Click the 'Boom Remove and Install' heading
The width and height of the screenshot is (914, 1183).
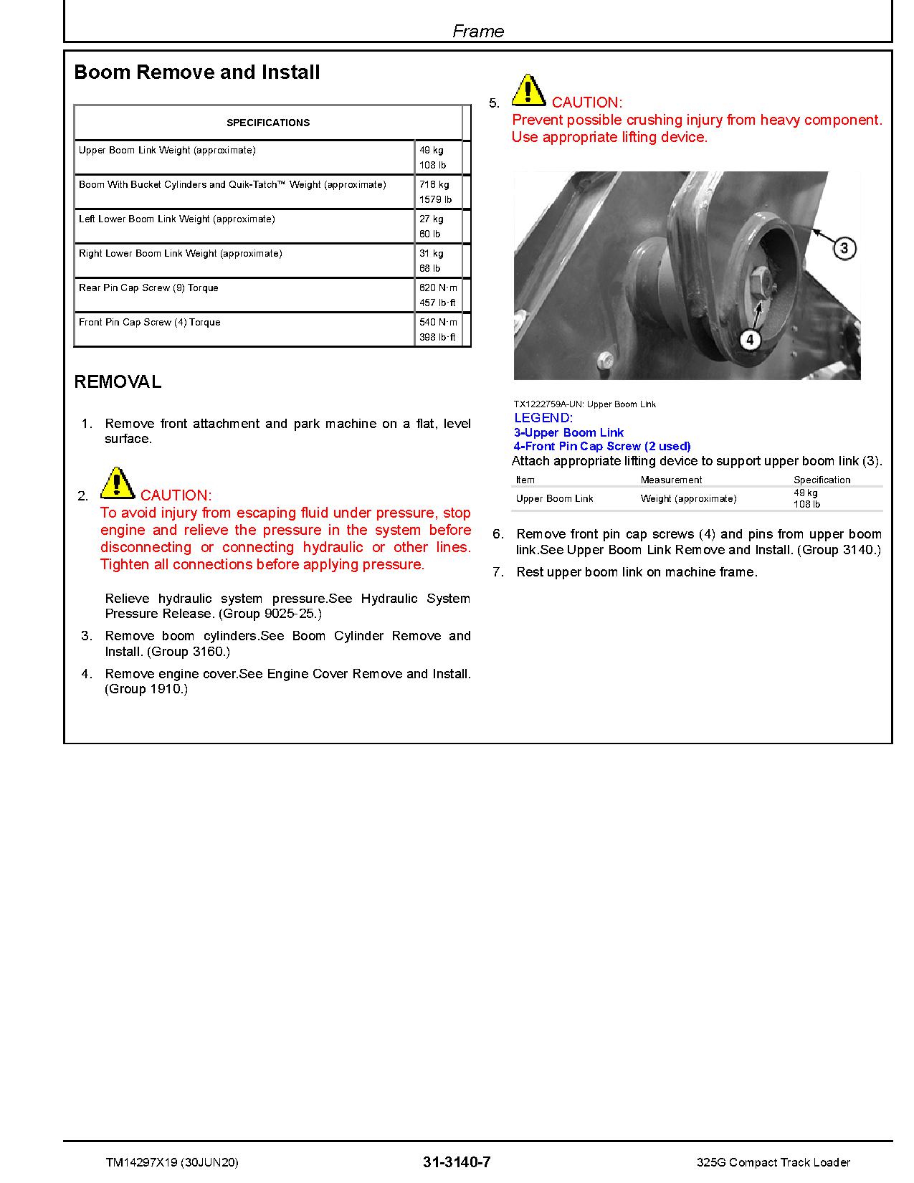(197, 72)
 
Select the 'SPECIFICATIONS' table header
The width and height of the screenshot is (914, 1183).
(268, 123)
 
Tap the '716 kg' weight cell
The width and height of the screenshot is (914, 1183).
(434, 185)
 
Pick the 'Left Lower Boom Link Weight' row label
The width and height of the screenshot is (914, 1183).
(176, 219)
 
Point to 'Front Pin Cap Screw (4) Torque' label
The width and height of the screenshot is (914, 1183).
(149, 323)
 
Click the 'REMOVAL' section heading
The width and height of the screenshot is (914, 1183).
(118, 382)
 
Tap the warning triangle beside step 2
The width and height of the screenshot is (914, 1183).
(117, 483)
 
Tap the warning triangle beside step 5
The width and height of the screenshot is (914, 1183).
(528, 90)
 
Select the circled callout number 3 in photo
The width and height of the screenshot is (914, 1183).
(844, 249)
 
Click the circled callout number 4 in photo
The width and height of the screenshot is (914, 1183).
(750, 339)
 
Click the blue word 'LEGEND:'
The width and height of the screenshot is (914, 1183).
(543, 418)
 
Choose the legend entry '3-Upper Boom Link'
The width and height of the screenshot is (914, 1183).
(568, 432)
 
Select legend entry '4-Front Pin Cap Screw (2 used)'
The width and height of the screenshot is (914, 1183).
(602, 446)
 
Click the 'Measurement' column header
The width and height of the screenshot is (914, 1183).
(671, 480)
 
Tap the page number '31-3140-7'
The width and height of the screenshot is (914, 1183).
(457, 1162)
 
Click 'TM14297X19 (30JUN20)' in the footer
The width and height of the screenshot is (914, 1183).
(172, 1162)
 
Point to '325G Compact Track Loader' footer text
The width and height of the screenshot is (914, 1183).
(773, 1162)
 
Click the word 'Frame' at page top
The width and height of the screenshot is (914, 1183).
(478, 31)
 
